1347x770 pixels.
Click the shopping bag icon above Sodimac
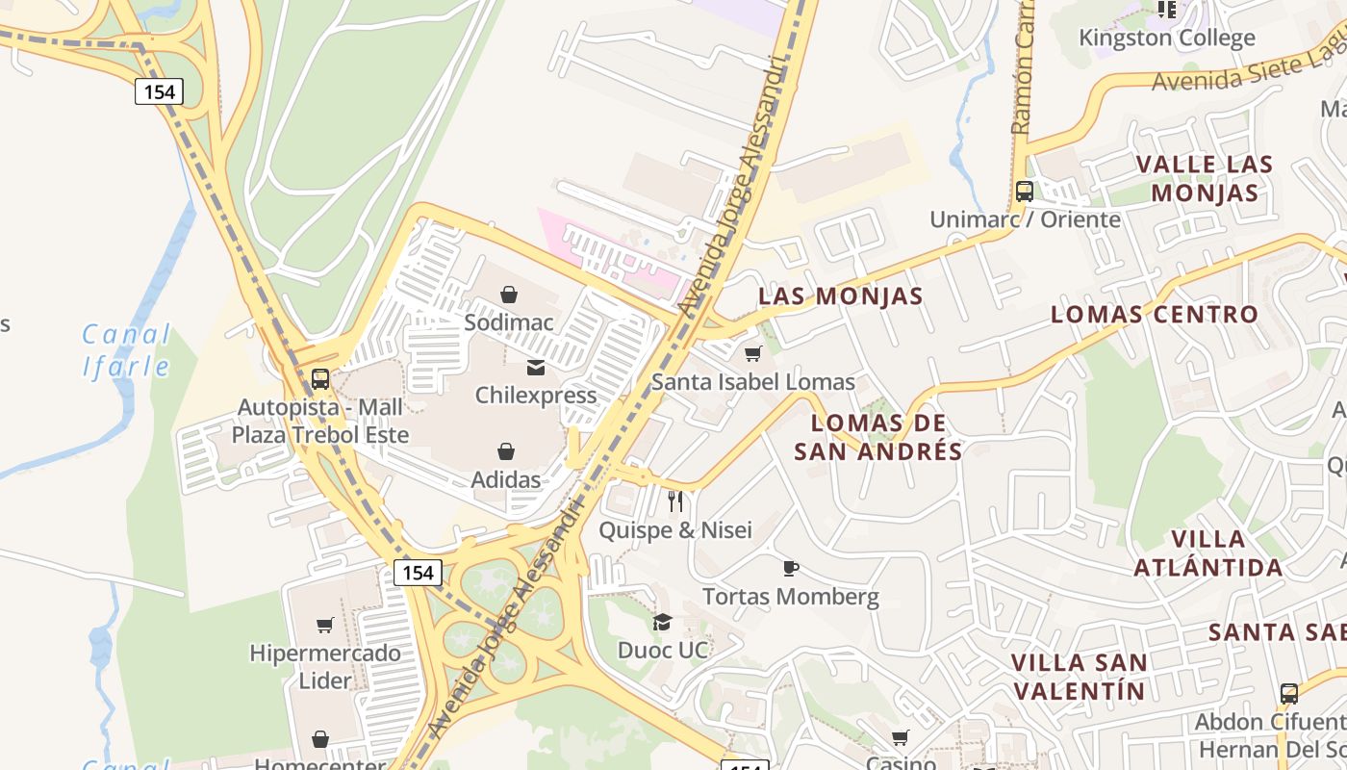click(x=509, y=295)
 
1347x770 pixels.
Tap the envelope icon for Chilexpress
click(x=536, y=368)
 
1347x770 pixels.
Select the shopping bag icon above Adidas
click(x=506, y=451)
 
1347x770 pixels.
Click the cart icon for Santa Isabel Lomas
click(x=753, y=354)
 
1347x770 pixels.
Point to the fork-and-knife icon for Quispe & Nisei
click(x=675, y=501)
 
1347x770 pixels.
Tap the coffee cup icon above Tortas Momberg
click(x=791, y=568)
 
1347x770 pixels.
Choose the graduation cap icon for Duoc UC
click(x=662, y=622)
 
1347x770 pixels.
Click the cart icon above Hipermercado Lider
click(x=325, y=626)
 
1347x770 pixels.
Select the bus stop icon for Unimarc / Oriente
click(x=1025, y=191)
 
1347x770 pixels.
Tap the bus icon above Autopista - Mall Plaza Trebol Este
click(x=320, y=379)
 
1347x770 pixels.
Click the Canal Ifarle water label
click(x=126, y=350)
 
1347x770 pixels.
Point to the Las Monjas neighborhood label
click(x=840, y=296)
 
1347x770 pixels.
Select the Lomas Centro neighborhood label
click(x=1154, y=314)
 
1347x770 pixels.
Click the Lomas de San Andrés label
click(x=877, y=437)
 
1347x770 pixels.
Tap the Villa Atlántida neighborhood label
click(x=1208, y=552)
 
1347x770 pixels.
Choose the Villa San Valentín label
click(x=1079, y=677)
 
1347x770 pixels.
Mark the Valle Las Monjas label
click(x=1205, y=178)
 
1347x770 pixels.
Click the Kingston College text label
click(x=1166, y=38)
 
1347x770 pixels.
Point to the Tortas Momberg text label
click(x=790, y=597)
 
